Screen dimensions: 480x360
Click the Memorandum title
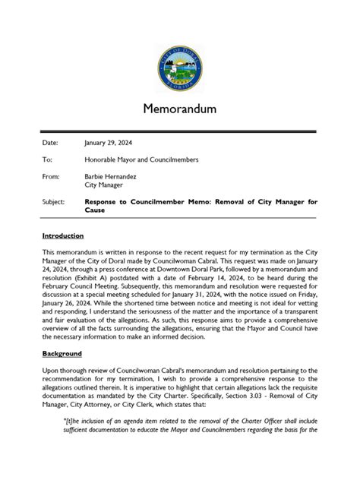(180, 109)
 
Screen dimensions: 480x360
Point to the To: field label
(47, 161)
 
